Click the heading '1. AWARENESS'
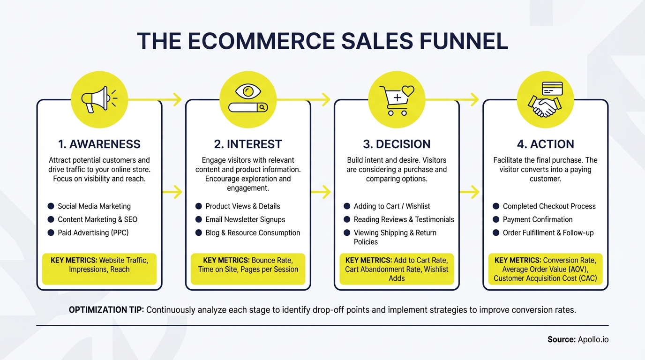(99, 144)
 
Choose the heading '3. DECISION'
(397, 144)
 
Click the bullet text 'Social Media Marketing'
(94, 206)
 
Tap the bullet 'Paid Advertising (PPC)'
(93, 232)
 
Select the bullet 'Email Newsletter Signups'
(245, 219)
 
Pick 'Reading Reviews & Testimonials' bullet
(404, 219)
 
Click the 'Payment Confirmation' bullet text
(538, 219)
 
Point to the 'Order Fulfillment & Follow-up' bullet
(548, 232)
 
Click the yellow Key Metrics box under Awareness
(99, 269)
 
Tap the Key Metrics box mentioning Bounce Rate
(247, 269)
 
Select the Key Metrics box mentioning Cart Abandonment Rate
(397, 269)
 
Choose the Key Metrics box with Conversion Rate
(545, 269)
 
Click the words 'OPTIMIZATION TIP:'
(106, 310)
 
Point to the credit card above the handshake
(552, 88)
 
